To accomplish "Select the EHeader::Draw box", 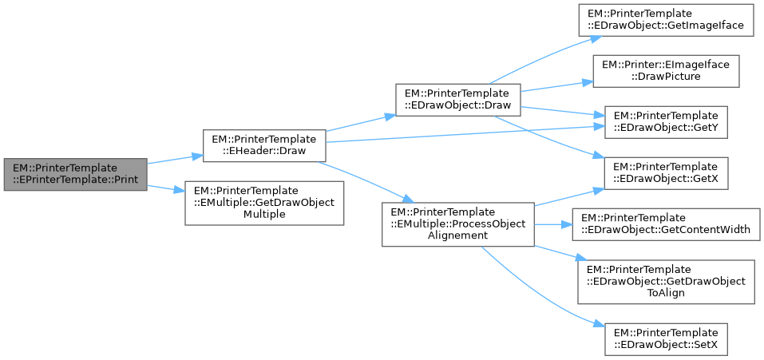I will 264,144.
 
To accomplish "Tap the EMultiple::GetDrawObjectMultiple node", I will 264,203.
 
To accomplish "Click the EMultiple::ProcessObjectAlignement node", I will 457,224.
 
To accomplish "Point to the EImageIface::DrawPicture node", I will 665,71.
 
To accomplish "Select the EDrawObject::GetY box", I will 665,122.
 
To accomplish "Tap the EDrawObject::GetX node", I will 665,173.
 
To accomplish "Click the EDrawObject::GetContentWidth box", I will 665,224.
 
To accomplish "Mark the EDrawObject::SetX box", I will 665,332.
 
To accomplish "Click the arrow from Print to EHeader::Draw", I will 174,159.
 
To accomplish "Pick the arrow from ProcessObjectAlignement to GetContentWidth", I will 552,224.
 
